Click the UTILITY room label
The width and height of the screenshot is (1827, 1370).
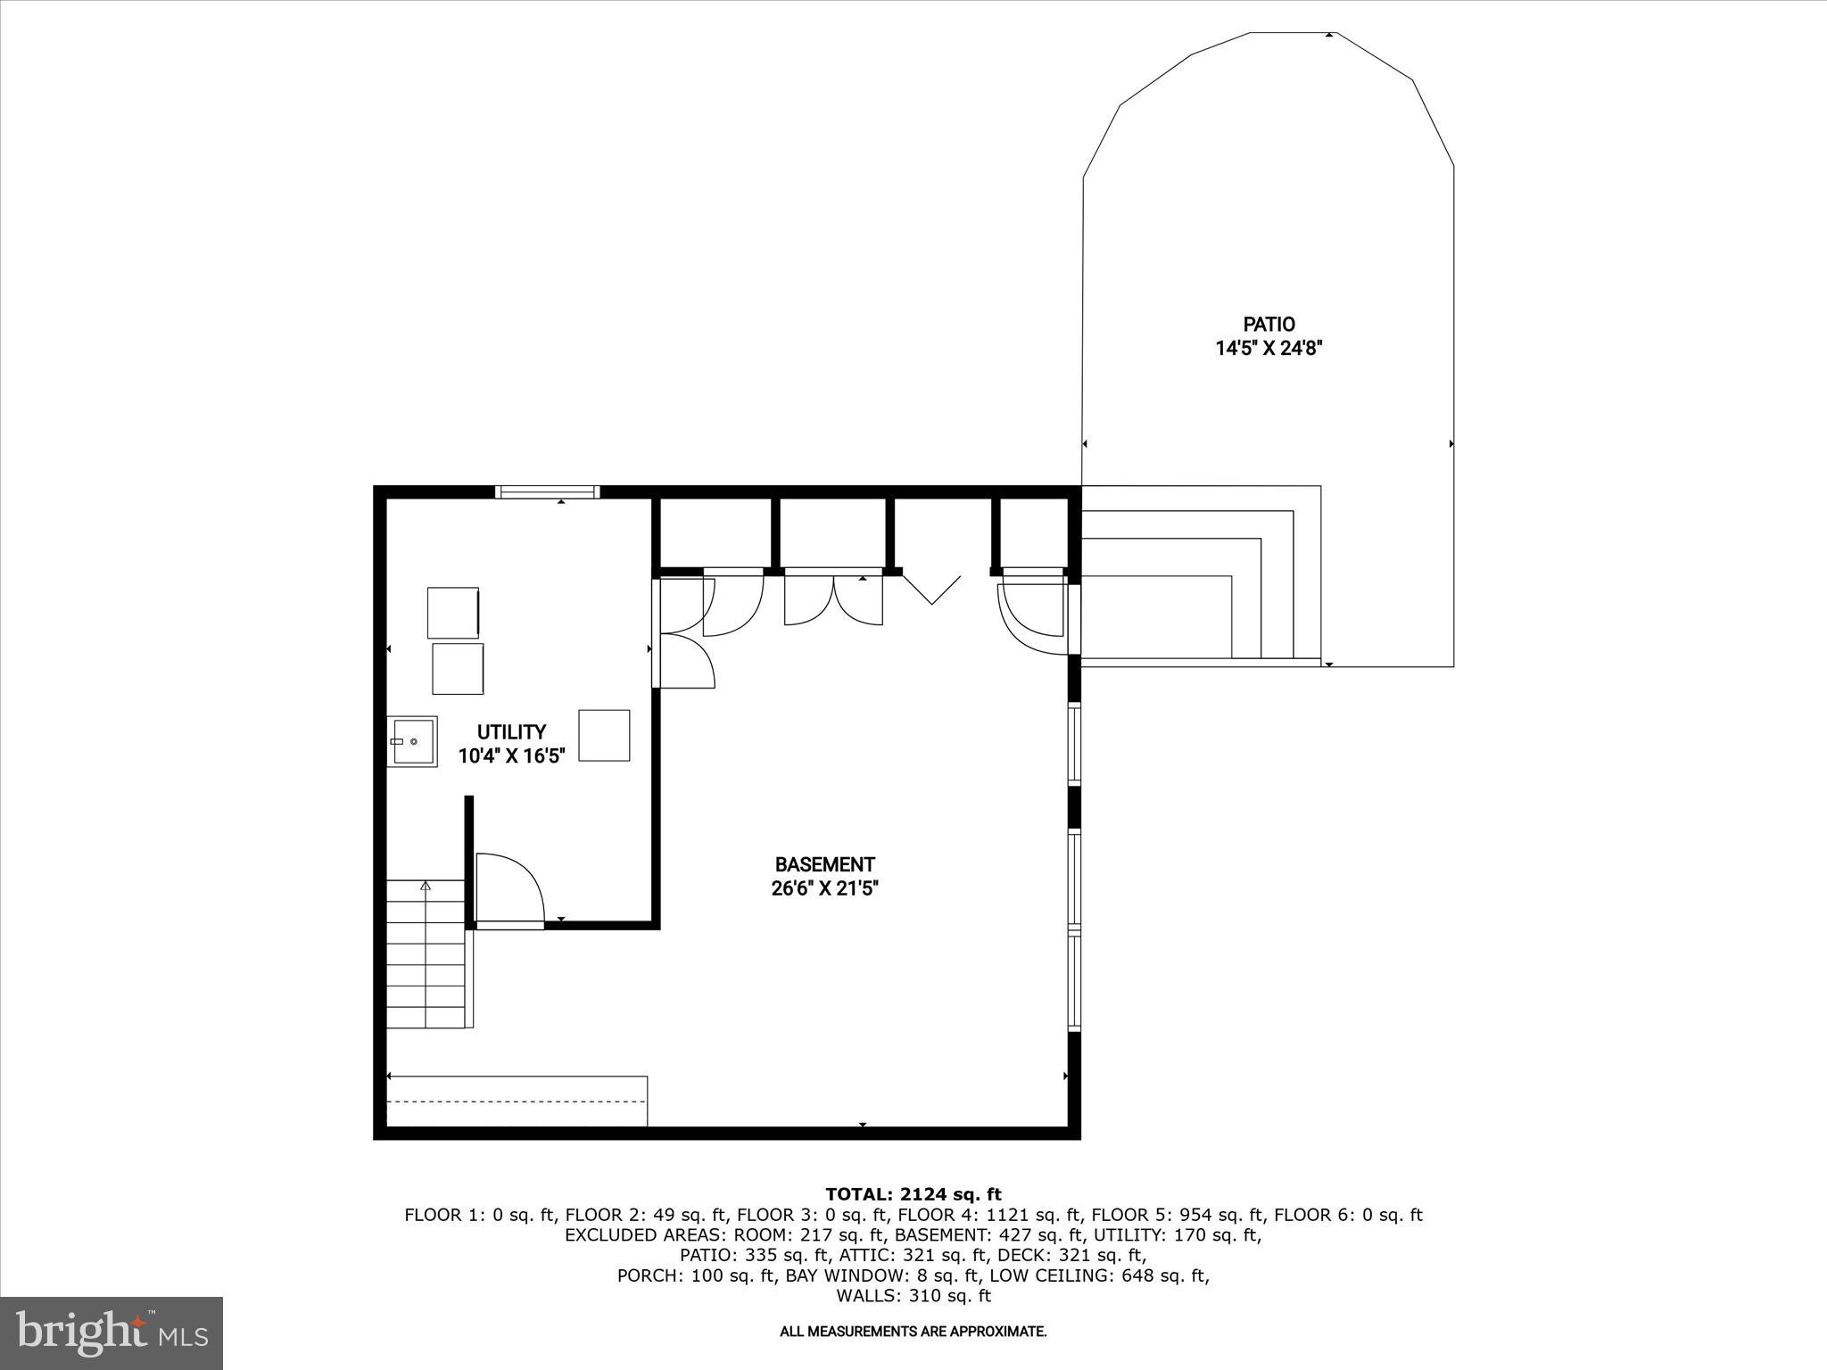click(x=511, y=732)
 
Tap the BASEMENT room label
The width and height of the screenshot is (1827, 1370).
click(x=824, y=864)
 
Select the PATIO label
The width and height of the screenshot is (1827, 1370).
click(x=1269, y=325)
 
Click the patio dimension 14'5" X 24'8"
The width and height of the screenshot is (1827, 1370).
click(x=1269, y=349)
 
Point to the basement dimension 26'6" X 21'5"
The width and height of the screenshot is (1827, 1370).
click(x=824, y=888)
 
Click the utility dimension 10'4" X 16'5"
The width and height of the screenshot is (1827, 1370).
click(x=511, y=756)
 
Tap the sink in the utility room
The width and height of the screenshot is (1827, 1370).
click(x=412, y=741)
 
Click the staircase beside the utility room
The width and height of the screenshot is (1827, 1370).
click(x=426, y=953)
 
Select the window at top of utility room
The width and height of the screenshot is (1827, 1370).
click(x=548, y=491)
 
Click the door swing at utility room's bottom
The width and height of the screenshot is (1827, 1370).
click(x=508, y=887)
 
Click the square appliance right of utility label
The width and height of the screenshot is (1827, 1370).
click(x=604, y=735)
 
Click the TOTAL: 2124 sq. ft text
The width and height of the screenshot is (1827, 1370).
click(x=913, y=1194)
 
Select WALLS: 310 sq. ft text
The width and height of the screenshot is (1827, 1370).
click(x=913, y=1296)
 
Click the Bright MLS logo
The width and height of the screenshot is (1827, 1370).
click(x=112, y=1333)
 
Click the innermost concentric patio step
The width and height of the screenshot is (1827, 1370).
click(x=1155, y=615)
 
